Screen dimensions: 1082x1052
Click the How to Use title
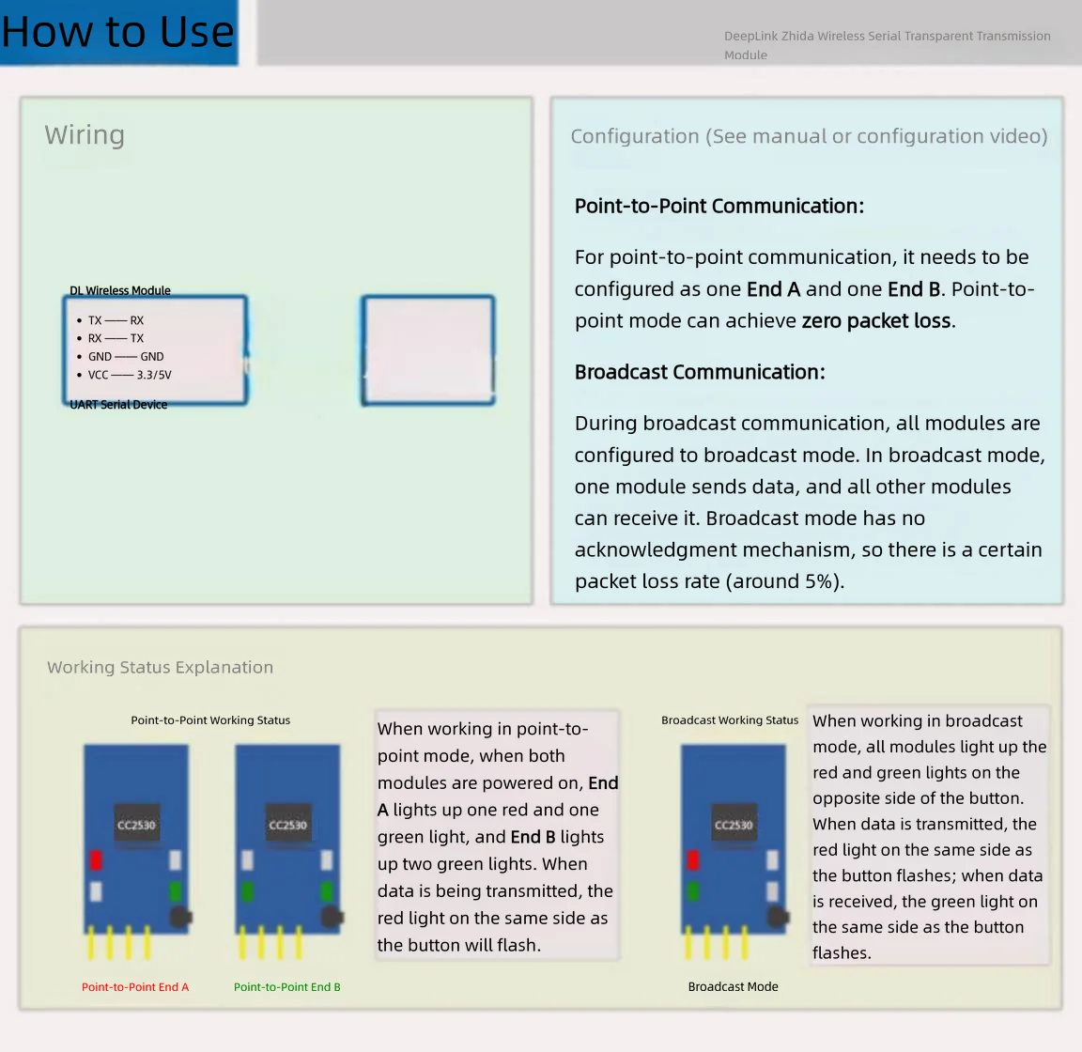coord(117,32)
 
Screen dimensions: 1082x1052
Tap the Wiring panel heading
coord(85,134)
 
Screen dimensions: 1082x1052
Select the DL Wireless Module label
coord(120,290)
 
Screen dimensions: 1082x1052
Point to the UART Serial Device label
coord(118,405)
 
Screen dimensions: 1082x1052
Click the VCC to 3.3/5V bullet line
coord(124,375)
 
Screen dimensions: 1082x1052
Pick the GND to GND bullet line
coord(120,357)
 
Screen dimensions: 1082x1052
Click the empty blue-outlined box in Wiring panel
coord(428,298)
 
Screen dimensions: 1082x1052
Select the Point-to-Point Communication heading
coord(719,207)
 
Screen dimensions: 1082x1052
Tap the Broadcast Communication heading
coord(700,372)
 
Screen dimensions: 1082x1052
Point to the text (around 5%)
coord(784,581)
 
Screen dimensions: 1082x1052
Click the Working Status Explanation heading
coord(160,668)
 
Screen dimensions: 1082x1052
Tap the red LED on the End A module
coord(96,860)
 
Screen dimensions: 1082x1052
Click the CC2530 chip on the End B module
coord(287,824)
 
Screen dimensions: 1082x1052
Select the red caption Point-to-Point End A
coord(135,987)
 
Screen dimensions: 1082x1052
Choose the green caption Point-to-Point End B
coord(287,987)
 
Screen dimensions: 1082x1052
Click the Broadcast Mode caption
coord(733,987)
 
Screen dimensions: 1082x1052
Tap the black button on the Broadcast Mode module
coord(779,917)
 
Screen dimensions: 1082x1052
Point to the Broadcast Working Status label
coord(730,720)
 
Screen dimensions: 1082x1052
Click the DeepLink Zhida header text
coord(888,45)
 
